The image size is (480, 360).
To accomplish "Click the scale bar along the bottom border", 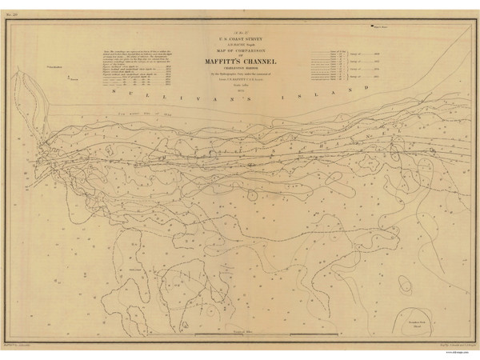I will pyautogui.click(x=240, y=332).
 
